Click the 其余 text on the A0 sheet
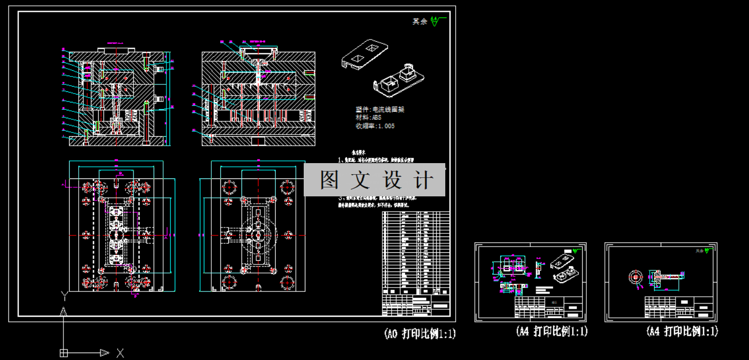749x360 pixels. click(x=419, y=22)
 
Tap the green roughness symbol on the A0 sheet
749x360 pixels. click(x=435, y=21)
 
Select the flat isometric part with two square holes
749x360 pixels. click(x=364, y=54)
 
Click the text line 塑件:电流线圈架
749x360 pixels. click(x=380, y=110)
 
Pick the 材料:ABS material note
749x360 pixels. click(x=368, y=118)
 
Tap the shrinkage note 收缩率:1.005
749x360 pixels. click(x=375, y=126)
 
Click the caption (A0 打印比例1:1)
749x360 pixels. click(x=419, y=334)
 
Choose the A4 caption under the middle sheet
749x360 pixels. click(x=552, y=331)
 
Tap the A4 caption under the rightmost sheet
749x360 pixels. click(x=682, y=331)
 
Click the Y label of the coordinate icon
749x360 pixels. click(x=64, y=295)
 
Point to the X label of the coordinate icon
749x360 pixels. click(x=120, y=352)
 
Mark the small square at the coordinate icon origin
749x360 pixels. click(x=64, y=353)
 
